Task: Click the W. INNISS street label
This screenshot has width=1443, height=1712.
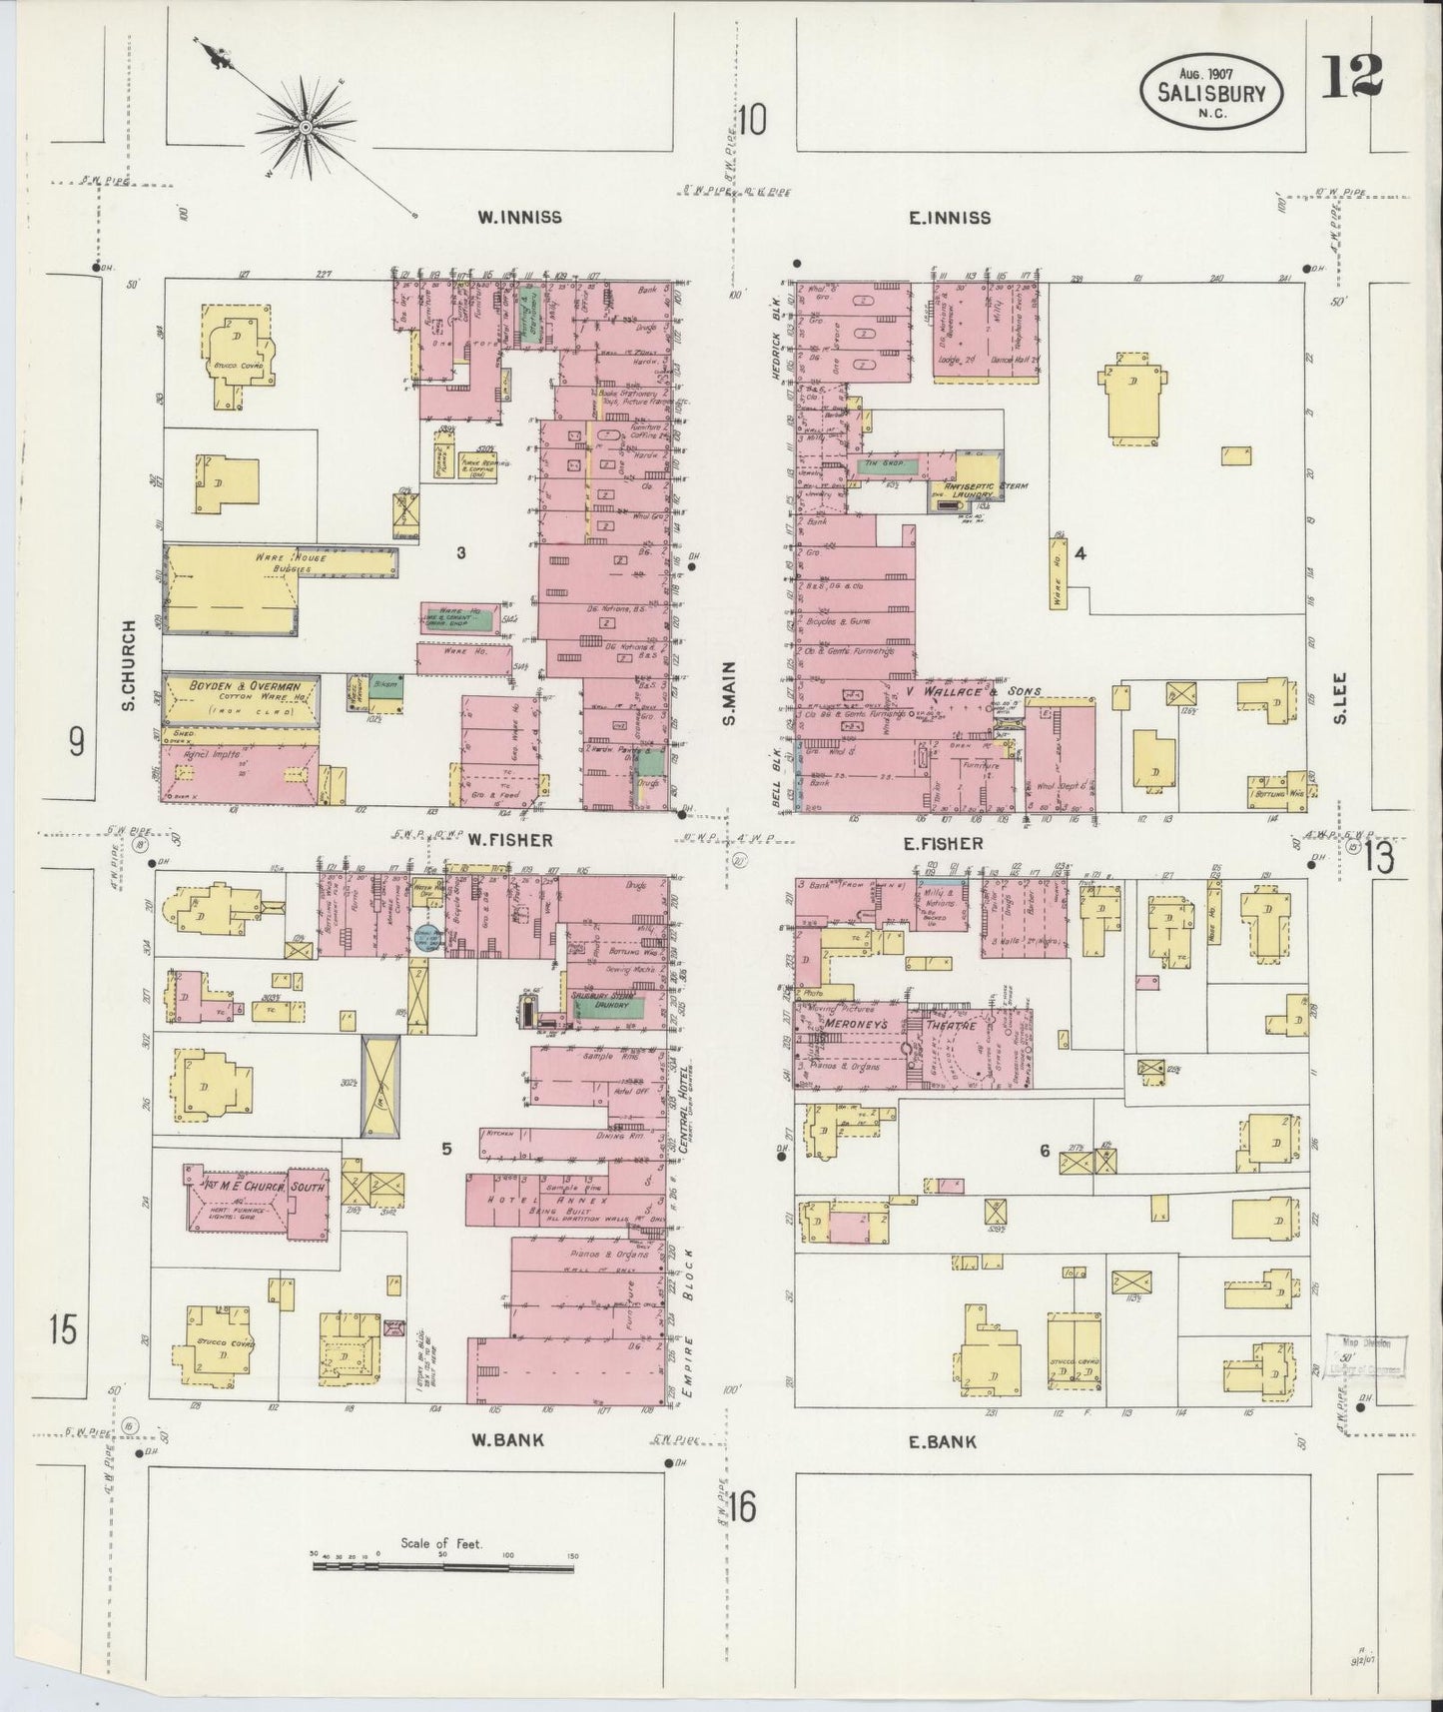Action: click(518, 217)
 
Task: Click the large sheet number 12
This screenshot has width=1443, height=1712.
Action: click(1352, 76)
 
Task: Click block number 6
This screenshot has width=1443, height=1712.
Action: click(1045, 1151)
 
